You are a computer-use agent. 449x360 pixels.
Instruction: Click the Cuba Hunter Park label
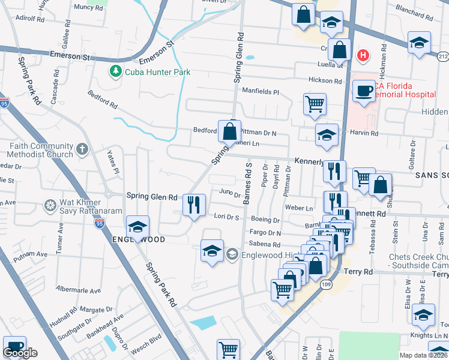(x=158, y=73)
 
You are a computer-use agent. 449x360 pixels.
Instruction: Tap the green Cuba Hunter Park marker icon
(x=115, y=72)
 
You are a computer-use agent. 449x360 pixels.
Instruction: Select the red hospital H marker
(x=362, y=56)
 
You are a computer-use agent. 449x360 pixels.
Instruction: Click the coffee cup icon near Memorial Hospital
(x=363, y=91)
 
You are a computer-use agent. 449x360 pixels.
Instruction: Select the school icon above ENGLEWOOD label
(x=137, y=226)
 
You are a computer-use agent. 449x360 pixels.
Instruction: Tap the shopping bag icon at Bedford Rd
(x=229, y=130)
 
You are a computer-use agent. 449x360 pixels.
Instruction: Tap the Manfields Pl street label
(x=261, y=92)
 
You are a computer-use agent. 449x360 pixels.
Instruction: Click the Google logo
(x=20, y=353)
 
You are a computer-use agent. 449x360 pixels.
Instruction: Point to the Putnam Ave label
(x=34, y=254)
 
